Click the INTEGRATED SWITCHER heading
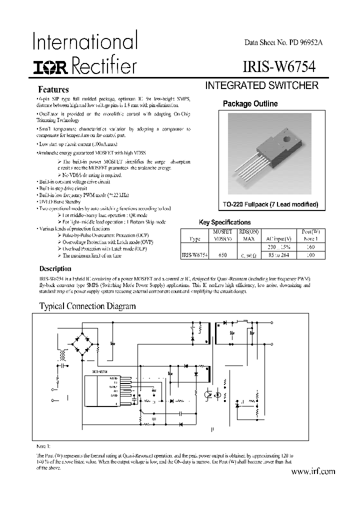262,85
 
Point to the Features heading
53,90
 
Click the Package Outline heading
250,104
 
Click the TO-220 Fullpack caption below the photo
263,205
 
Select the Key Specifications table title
224,222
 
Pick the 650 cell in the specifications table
222,255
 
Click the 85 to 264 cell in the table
278,255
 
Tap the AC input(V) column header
278,238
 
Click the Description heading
55,268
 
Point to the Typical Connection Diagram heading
87,306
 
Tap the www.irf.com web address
312,471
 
